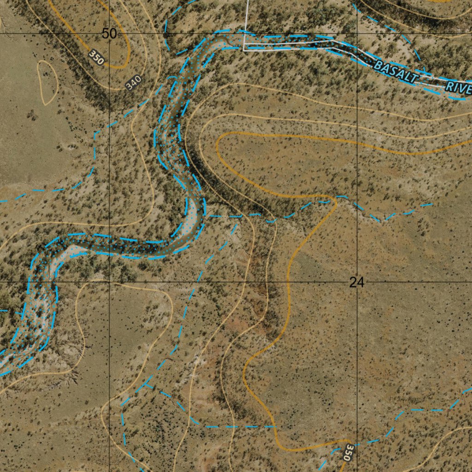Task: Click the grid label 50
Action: (109, 34)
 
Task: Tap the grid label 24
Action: (357, 282)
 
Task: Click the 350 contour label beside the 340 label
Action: (97, 57)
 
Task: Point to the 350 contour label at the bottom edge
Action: (349, 453)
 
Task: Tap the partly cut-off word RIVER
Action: (459, 87)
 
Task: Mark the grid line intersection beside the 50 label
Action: (109, 33)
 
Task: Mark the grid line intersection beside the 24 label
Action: (358, 281)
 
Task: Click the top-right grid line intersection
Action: (358, 33)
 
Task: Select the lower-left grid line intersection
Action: (109, 281)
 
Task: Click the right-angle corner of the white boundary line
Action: (243, 50)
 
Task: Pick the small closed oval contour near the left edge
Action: (47, 82)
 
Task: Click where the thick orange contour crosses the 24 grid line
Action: (288, 281)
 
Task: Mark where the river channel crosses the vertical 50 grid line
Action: (109, 245)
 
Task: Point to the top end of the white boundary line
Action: (248, 1)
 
